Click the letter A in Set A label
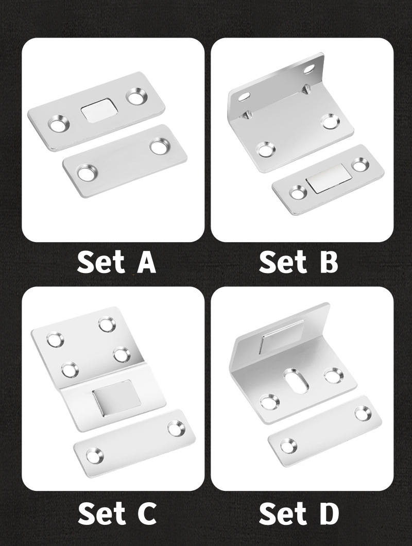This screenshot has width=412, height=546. tap(146, 262)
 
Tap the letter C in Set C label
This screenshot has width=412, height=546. tap(145, 514)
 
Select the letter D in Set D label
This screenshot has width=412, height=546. tap(328, 514)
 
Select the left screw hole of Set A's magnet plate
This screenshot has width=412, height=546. tap(59, 125)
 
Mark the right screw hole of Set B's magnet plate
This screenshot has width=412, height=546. tap(359, 165)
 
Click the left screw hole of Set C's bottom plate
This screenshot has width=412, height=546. tap(94, 454)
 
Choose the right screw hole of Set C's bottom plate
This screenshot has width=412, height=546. tap(176, 428)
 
